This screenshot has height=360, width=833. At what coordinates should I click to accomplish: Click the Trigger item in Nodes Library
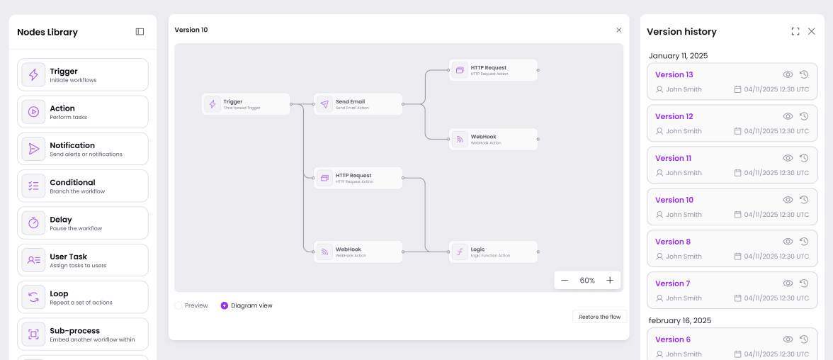point(83,74)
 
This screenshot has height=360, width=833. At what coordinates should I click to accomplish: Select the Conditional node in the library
point(83,186)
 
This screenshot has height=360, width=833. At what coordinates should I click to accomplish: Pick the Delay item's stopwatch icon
point(33,223)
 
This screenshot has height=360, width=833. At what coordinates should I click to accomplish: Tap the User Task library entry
point(83,260)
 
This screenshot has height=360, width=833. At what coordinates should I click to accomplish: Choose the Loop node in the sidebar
point(83,297)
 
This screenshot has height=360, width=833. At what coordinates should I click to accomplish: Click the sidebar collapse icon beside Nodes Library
point(140,32)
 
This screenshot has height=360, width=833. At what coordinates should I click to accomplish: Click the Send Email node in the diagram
point(358,104)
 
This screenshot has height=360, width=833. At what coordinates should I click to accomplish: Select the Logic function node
point(493,252)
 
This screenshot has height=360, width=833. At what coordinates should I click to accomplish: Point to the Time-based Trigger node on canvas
point(246,104)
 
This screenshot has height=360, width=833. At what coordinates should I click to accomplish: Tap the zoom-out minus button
point(565,281)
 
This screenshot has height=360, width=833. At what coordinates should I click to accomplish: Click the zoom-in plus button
point(610,281)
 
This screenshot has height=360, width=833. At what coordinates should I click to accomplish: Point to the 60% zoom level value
point(587,281)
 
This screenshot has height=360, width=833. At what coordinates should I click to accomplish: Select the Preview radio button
point(178,306)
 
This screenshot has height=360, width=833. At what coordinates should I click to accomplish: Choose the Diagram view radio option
point(225,306)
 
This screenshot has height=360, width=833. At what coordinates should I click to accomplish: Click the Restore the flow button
point(599,317)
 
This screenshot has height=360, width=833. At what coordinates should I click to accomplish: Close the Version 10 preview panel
point(618,30)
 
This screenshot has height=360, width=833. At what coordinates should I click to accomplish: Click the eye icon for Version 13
point(788,74)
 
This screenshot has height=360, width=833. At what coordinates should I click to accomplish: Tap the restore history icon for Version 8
point(804,242)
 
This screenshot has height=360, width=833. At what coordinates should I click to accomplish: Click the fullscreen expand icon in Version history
point(795,32)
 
